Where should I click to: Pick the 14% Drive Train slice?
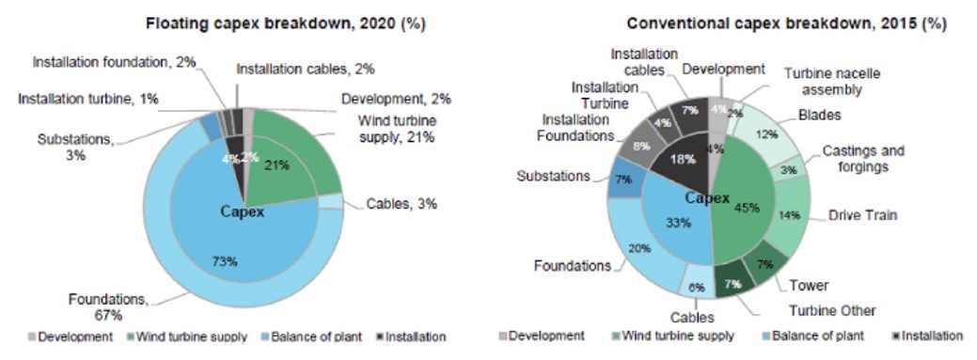point(791,214)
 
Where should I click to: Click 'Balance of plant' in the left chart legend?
point(310,336)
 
